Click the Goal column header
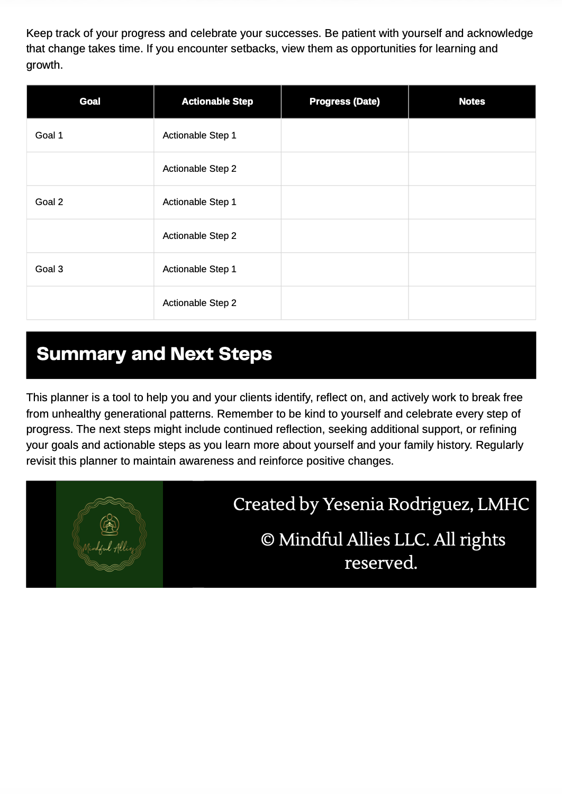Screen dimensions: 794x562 (90, 101)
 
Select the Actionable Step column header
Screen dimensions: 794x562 (217, 101)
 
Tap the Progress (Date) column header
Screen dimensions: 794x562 (345, 101)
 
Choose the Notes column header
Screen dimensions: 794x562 (472, 101)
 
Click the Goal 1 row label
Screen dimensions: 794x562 (49, 135)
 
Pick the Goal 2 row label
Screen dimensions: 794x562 (49, 202)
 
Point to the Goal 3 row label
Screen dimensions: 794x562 (49, 269)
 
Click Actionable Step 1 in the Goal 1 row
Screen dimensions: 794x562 (200, 135)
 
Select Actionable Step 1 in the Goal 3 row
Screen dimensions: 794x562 (200, 269)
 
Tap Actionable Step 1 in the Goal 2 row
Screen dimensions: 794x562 (200, 202)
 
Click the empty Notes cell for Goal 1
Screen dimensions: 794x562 (472, 135)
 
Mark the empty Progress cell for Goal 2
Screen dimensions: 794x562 (345, 202)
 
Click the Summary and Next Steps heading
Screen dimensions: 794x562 (154, 354)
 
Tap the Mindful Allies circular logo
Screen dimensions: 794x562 (110, 534)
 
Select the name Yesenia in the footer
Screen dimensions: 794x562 (353, 504)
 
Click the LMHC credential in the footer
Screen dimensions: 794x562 (503, 504)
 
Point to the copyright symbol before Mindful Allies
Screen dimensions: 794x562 (268, 540)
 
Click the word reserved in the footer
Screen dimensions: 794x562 (380, 562)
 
